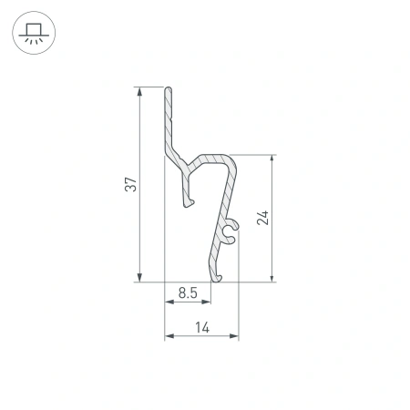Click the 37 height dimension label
[x=131, y=184]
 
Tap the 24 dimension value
[x=263, y=218]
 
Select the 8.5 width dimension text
[x=188, y=292]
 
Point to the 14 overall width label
[x=201, y=327]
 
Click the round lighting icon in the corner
[x=33, y=33]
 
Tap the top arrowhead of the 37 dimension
[x=138, y=91]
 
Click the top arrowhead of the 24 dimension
[x=271, y=158]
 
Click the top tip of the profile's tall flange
[x=169, y=89]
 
